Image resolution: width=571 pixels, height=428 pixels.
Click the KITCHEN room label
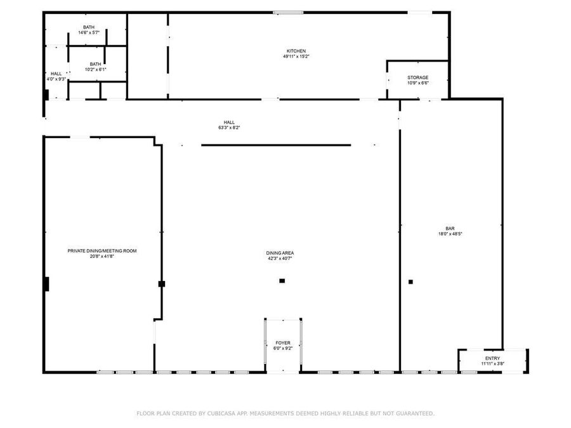point(296,51)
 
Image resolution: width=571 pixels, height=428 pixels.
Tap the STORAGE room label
point(417,77)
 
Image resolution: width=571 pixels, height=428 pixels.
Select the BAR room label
point(450,228)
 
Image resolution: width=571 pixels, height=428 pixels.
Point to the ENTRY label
point(492,358)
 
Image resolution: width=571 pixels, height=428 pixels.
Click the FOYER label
point(283,343)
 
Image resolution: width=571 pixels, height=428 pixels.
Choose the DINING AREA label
point(279,253)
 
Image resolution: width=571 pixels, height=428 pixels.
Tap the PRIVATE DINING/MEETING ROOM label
point(102,251)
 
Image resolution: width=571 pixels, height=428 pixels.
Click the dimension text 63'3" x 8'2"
point(229,127)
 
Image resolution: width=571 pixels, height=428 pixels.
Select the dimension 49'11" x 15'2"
point(296,56)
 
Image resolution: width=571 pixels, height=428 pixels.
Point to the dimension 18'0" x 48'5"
point(450,234)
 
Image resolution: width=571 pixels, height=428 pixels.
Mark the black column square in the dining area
point(282,281)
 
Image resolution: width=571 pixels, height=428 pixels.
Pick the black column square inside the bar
point(410,282)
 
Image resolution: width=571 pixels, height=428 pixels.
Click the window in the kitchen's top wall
point(287,12)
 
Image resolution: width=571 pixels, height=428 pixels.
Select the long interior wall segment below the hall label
point(276,145)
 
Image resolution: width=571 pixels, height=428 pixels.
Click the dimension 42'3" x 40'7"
point(279,258)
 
